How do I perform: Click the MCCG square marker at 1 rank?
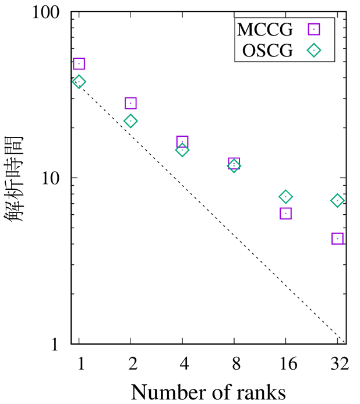point(79,64)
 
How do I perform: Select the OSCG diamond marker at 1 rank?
point(79,81)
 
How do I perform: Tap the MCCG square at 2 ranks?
point(130,103)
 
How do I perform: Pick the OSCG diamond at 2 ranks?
point(130,121)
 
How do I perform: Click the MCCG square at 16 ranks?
point(285,214)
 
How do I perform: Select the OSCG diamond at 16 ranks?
point(285,197)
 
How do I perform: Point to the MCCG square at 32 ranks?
point(337,239)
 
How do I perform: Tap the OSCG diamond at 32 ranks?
point(337,200)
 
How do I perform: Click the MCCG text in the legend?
point(265,28)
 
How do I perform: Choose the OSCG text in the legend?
point(266,51)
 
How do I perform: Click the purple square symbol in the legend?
point(315,28)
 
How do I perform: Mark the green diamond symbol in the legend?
point(315,51)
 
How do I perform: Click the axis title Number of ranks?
point(208,391)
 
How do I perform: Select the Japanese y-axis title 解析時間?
point(16,178)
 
